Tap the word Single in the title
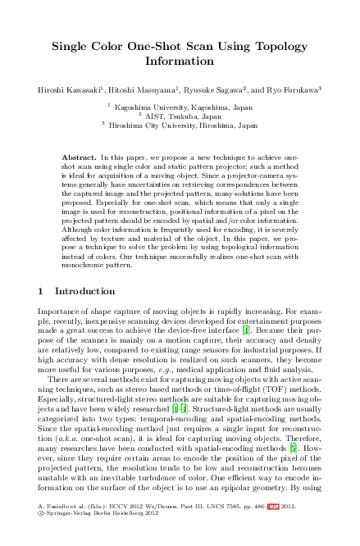[x=71, y=47]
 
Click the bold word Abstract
[x=79, y=156]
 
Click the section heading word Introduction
[x=84, y=292]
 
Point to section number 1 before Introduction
[x=42, y=292]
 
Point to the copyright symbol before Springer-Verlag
[x=42, y=529]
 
